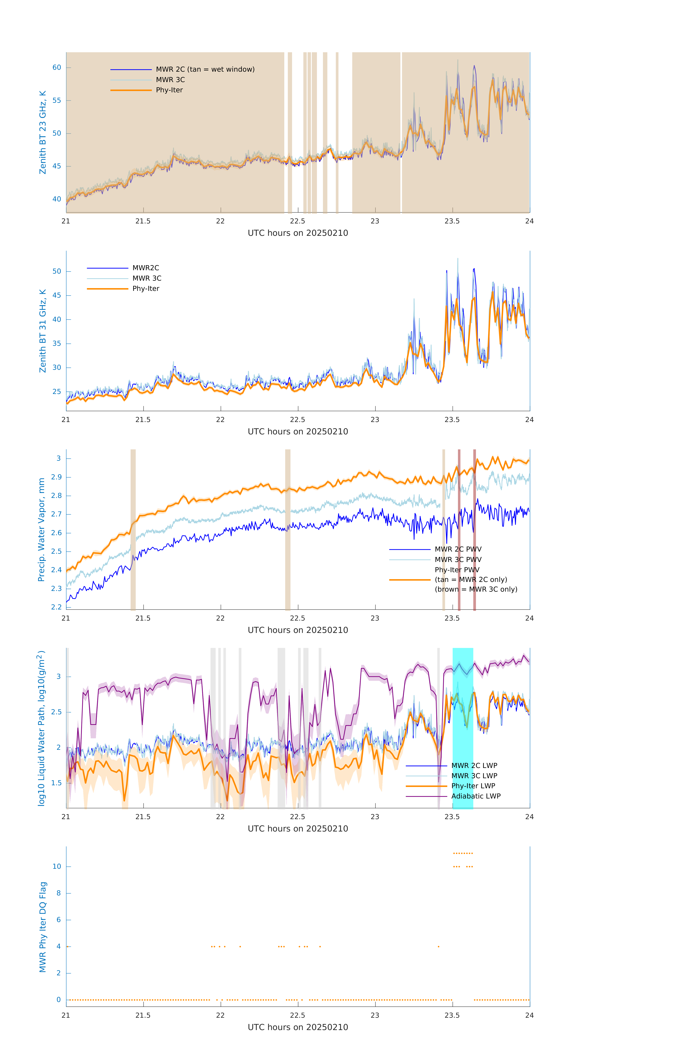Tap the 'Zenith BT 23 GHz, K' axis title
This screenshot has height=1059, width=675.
click(x=43, y=132)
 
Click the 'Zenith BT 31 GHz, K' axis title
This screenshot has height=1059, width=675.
click(x=43, y=331)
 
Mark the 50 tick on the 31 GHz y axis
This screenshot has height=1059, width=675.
click(x=57, y=271)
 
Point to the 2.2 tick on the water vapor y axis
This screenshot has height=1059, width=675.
click(x=57, y=607)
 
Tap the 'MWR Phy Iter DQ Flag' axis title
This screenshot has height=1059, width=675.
click(x=43, y=927)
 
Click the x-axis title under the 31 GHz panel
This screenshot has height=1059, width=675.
click(x=298, y=431)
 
